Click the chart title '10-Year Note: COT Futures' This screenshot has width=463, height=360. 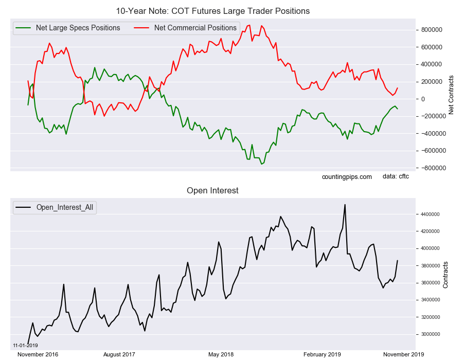tap(213, 11)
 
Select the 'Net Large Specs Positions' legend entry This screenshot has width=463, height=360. tap(78, 28)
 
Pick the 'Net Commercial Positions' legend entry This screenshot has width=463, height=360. tap(195, 28)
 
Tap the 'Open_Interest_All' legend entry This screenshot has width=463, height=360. tap(65, 208)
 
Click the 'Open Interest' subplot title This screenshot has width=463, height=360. tap(212, 191)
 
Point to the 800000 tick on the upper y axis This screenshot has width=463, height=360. tap(431, 30)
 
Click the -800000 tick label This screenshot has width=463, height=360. tap(431, 168)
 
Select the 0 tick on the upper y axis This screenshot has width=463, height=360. tap(423, 99)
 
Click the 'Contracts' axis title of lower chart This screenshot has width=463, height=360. tap(446, 275)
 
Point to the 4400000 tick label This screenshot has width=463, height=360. tap(430, 214)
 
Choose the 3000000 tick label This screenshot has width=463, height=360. tap(430, 334)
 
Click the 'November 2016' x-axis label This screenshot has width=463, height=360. tap(38, 354)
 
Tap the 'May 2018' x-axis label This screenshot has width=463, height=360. tap(221, 354)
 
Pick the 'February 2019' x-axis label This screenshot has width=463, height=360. tap(322, 354)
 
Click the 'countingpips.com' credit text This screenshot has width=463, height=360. tap(347, 177)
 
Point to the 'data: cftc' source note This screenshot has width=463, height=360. tap(396, 177)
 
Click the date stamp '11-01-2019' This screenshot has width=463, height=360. tap(25, 345)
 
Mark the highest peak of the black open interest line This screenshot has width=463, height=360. tap(345, 205)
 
